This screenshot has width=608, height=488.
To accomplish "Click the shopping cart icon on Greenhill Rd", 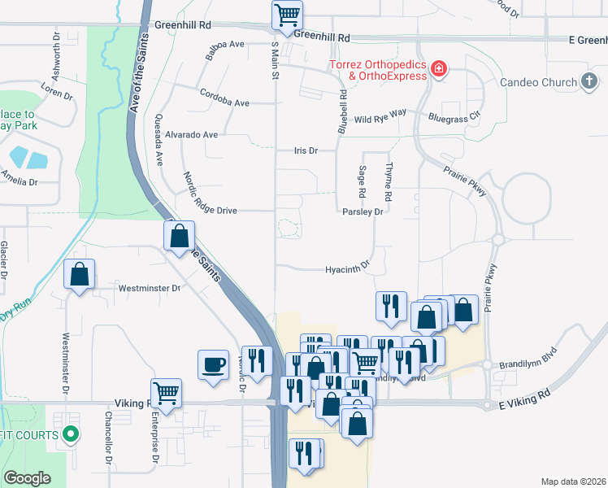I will [x=286, y=15].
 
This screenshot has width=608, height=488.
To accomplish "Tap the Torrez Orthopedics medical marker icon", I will [x=439, y=68].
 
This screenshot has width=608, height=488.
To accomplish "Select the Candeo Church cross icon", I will [x=589, y=82].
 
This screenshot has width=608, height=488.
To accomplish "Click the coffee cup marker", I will [x=213, y=364].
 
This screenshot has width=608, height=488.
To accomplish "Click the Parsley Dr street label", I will [x=362, y=211].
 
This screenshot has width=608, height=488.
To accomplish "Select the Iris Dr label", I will [x=305, y=151].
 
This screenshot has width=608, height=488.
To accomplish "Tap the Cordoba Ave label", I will [x=224, y=103].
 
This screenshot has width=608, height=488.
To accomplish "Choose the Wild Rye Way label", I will [x=380, y=120].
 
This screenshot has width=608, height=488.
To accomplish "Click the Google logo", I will [x=27, y=478].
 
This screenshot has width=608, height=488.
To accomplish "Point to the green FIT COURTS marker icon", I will [x=71, y=434].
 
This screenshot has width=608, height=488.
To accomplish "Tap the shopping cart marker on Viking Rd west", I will [x=166, y=394].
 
